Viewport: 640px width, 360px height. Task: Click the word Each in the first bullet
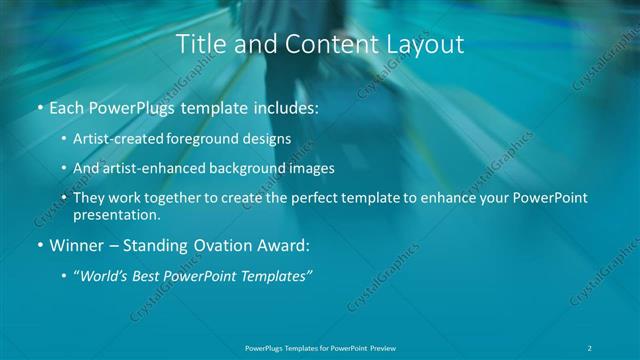click(68, 107)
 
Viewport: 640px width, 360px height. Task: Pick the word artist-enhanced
click(161, 168)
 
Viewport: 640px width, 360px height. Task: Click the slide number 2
click(592, 348)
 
